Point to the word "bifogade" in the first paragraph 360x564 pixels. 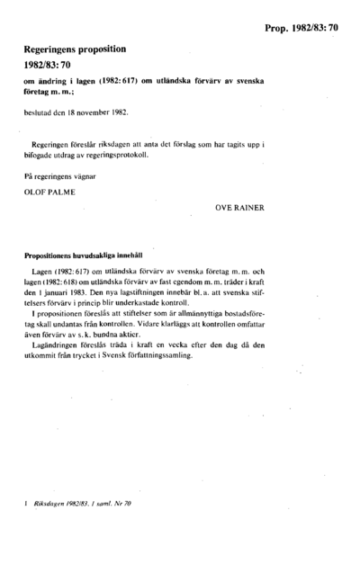pos(43,153)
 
